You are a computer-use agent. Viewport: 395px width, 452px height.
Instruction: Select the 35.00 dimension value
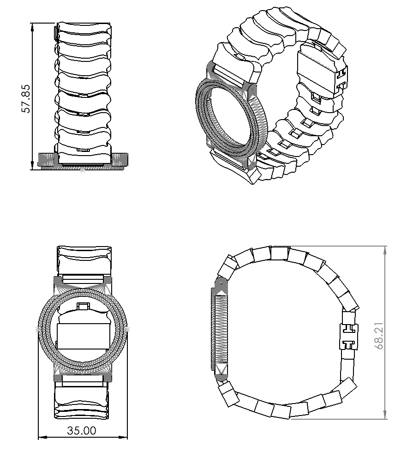pyautogui.click(x=82, y=431)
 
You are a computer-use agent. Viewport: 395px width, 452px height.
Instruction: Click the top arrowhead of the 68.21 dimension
pyautogui.click(x=385, y=249)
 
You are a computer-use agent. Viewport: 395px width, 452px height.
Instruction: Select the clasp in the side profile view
pyautogui.click(x=348, y=337)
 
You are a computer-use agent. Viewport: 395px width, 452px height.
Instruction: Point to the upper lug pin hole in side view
pyautogui.click(x=221, y=280)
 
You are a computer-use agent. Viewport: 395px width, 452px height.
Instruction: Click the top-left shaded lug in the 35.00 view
pyautogui.click(x=59, y=281)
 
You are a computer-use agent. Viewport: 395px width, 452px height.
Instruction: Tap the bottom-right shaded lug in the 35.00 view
pyautogui.click(x=108, y=377)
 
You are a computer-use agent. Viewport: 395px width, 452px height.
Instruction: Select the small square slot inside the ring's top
pyautogui.click(x=83, y=306)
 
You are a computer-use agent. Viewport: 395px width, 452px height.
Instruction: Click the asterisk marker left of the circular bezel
pyautogui.click(x=37, y=329)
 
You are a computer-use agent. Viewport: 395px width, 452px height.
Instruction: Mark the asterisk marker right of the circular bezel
pyautogui.click(x=127, y=329)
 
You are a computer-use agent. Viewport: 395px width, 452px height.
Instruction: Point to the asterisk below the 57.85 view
pyautogui.click(x=82, y=171)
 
